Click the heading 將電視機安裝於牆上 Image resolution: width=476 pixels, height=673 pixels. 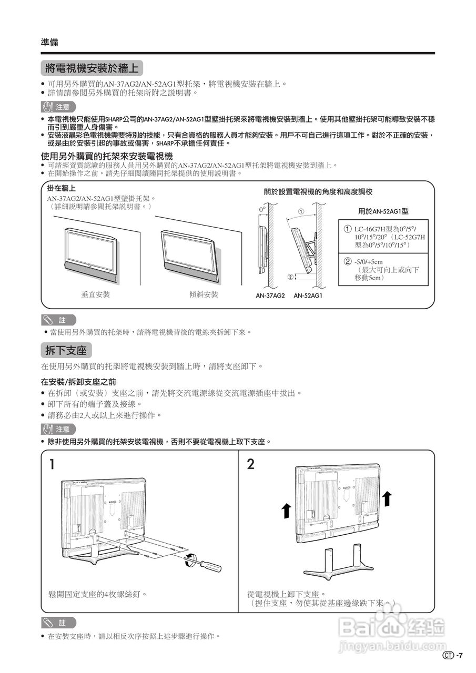(x=92, y=68)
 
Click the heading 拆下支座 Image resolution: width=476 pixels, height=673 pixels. (x=66, y=350)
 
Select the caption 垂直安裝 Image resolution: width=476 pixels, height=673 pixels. (x=96, y=294)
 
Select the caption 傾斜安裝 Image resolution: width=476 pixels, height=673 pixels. (x=204, y=294)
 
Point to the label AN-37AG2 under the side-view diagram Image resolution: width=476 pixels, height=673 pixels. (x=270, y=295)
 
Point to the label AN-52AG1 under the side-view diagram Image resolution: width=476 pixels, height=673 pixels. (x=308, y=295)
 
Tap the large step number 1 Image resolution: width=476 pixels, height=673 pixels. (x=52, y=464)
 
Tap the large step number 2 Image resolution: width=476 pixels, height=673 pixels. (x=251, y=464)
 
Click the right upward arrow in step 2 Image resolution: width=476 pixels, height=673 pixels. (x=387, y=497)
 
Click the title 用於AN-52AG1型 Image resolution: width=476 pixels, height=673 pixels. (x=383, y=211)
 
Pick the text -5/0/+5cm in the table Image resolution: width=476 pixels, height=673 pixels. (x=368, y=262)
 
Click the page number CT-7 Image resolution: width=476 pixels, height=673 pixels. (x=453, y=655)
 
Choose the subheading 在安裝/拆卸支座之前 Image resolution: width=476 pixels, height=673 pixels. (x=78, y=381)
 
